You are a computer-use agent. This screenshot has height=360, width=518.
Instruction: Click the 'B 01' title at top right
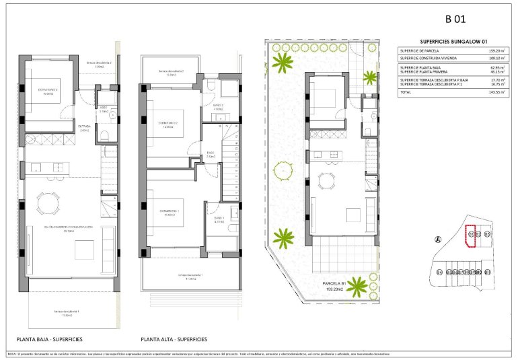pos(455,20)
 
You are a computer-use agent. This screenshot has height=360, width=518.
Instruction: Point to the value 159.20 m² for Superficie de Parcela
pos(494,51)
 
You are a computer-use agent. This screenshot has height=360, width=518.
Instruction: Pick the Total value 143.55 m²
pos(494,92)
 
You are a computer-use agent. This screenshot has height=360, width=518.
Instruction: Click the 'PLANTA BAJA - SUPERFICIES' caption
pos(49,339)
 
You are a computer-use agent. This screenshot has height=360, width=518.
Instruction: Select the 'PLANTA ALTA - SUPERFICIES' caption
pos(174,339)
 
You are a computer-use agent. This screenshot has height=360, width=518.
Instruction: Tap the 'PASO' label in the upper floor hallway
pos(210,153)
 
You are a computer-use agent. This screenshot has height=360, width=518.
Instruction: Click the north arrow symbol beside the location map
pos(438,240)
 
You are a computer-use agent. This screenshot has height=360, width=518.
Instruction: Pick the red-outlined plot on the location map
pos(471,236)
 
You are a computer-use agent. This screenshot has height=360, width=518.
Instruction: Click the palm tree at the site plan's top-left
pos(284,63)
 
